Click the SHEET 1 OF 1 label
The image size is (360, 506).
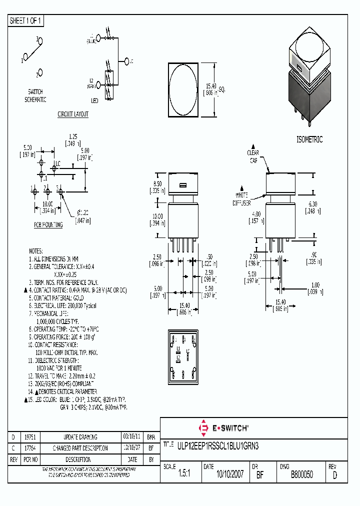26,21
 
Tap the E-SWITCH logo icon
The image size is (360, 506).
203,428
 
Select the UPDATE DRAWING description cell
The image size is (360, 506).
80,437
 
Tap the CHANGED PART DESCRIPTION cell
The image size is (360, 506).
80,448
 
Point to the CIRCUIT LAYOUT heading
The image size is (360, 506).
73,114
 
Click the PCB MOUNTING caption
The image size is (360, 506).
48,225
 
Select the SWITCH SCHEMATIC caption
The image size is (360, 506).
35,95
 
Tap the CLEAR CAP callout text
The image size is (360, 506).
253,156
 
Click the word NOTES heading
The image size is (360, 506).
36,251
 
